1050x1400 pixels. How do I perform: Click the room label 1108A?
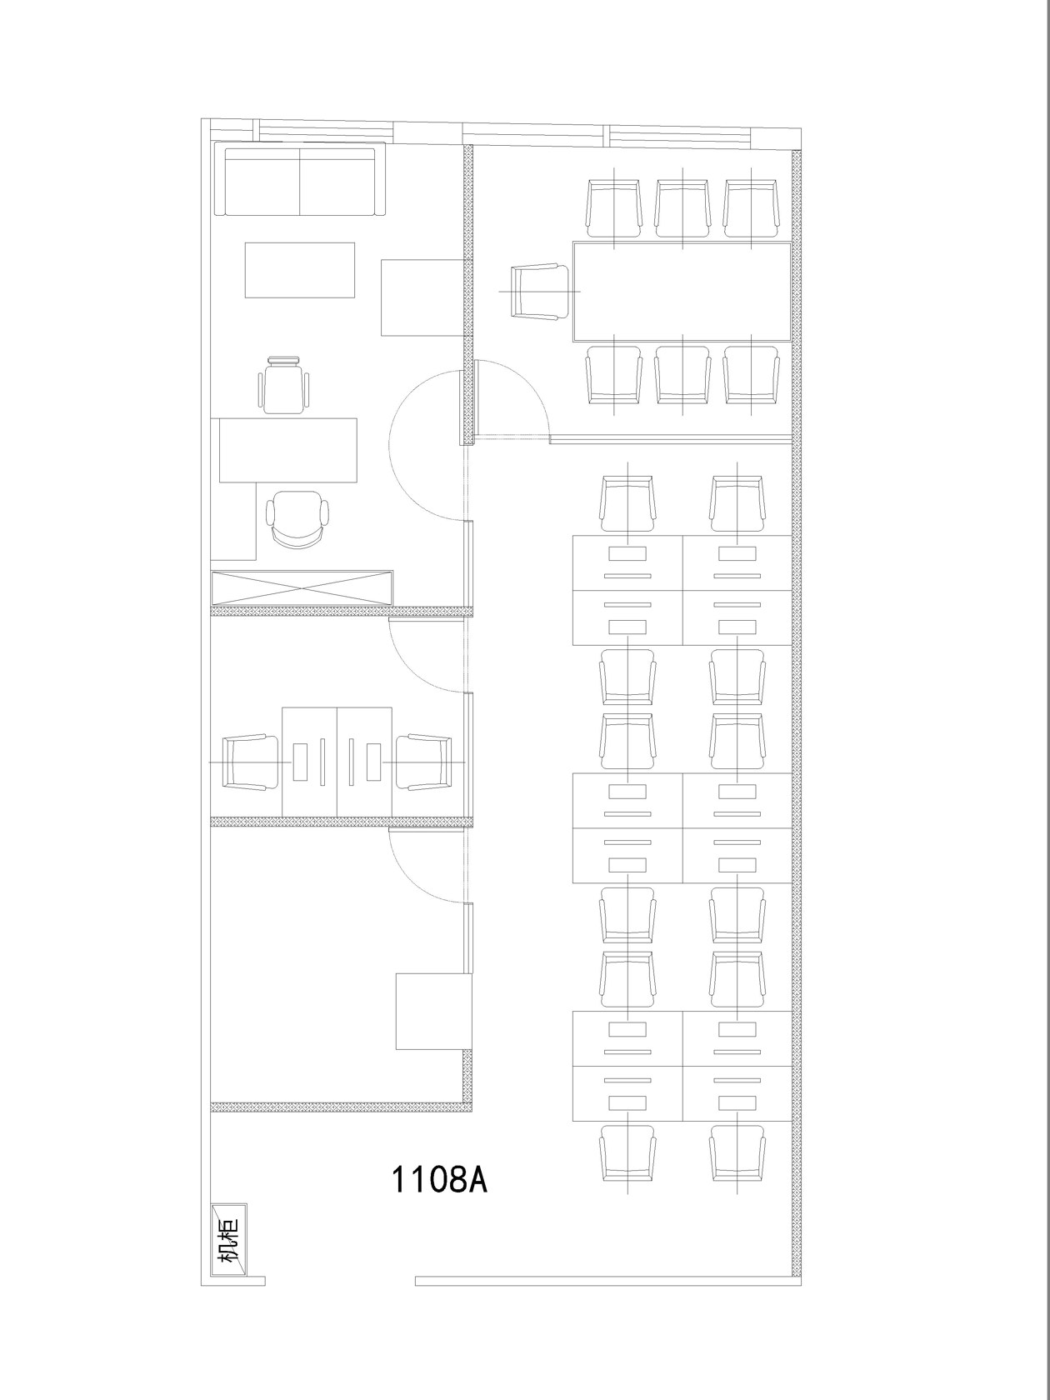tap(439, 1179)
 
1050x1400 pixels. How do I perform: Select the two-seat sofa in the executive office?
tap(300, 178)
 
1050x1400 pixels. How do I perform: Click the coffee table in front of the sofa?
tap(300, 270)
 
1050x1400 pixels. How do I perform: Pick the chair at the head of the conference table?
tap(539, 291)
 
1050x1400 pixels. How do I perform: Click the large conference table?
tap(682, 292)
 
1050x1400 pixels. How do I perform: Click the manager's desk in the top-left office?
tap(288, 450)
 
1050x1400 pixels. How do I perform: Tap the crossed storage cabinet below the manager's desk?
tap(302, 587)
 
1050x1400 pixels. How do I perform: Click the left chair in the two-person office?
tap(250, 762)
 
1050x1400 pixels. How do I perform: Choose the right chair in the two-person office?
tap(423, 762)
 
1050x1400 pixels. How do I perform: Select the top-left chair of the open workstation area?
tap(628, 504)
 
